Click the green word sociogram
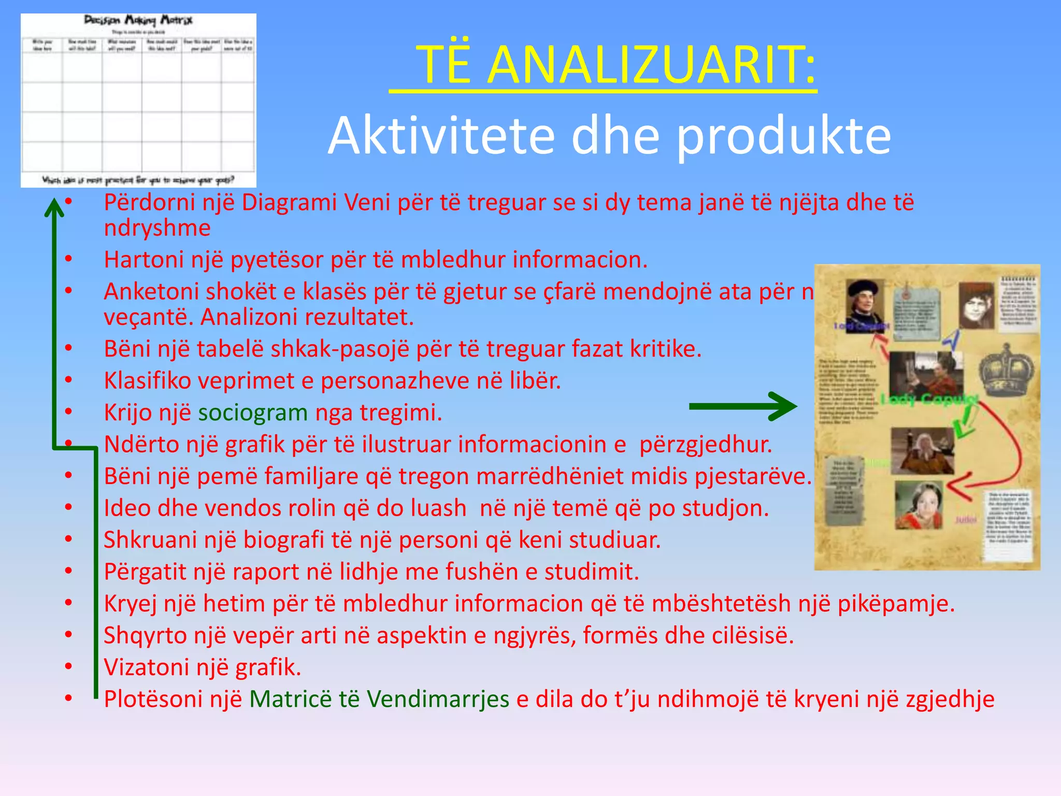click(x=253, y=413)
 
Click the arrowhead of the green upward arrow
click(x=53, y=207)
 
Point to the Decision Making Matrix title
click(x=138, y=21)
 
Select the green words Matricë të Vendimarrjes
click(x=379, y=699)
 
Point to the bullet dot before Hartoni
click(x=68, y=259)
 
